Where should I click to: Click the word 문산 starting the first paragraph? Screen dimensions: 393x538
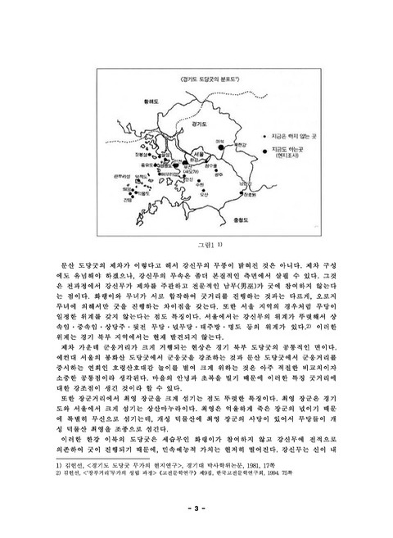[59, 266]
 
